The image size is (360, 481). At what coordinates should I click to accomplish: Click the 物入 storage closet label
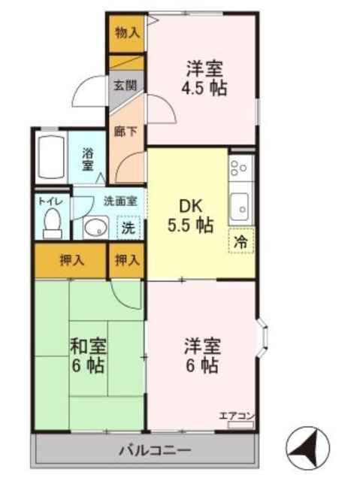pos(128,32)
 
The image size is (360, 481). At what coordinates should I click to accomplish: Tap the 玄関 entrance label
pos(125,86)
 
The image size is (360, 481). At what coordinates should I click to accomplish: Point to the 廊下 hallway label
pos(126,132)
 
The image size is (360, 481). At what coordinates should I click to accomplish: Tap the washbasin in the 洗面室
pos(95,228)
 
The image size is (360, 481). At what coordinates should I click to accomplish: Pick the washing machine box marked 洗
pos(129,227)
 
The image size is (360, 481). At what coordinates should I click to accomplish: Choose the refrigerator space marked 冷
pos(241,241)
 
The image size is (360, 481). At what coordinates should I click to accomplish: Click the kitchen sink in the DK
pos(239,207)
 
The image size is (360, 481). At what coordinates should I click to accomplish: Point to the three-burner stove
pos(241,168)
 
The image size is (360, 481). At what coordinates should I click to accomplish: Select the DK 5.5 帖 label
pos(190,216)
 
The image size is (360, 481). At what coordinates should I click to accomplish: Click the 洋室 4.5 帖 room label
pos(204,78)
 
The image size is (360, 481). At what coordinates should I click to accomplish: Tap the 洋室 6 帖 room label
pos(202,355)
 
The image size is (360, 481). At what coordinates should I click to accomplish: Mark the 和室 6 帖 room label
pos(89,355)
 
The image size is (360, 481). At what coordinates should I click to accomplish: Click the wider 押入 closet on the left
pos(71,261)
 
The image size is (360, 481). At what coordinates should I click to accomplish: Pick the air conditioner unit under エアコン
pos(241,425)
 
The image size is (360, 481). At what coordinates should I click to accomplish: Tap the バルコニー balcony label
pos(155,450)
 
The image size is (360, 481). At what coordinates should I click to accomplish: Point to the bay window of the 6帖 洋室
pos(262,337)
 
